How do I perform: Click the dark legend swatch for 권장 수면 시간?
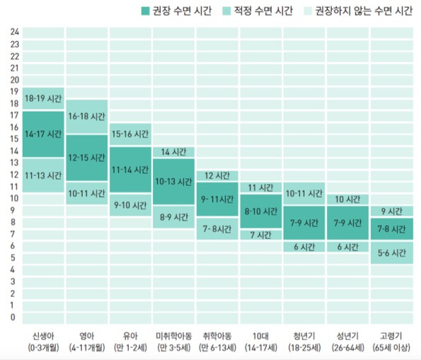coord(145,11)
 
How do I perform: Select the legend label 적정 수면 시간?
coord(263,11)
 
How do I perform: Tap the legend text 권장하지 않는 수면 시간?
coord(364,11)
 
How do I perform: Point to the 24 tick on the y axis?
coord(15,32)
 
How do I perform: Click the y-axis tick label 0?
coord(13,317)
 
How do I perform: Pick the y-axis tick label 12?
coord(14,175)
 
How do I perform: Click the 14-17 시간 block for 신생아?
coord(43,134)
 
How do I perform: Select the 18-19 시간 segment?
coord(43,98)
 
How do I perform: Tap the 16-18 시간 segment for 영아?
coord(87,117)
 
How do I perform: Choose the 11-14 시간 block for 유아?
coord(130,170)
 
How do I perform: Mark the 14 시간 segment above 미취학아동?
coord(174,152)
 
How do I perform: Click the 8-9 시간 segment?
coord(174,217)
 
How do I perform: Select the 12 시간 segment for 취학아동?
coord(217,175)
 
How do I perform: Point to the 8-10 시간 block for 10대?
coord(261,211)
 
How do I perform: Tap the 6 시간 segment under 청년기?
coord(304,247)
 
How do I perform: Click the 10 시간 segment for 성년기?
coord(347,199)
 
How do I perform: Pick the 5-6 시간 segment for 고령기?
coord(392,252)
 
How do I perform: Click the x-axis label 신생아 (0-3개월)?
coord(43,342)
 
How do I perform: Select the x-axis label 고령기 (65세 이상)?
coord(391,342)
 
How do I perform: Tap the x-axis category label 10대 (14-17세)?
coord(260,342)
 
